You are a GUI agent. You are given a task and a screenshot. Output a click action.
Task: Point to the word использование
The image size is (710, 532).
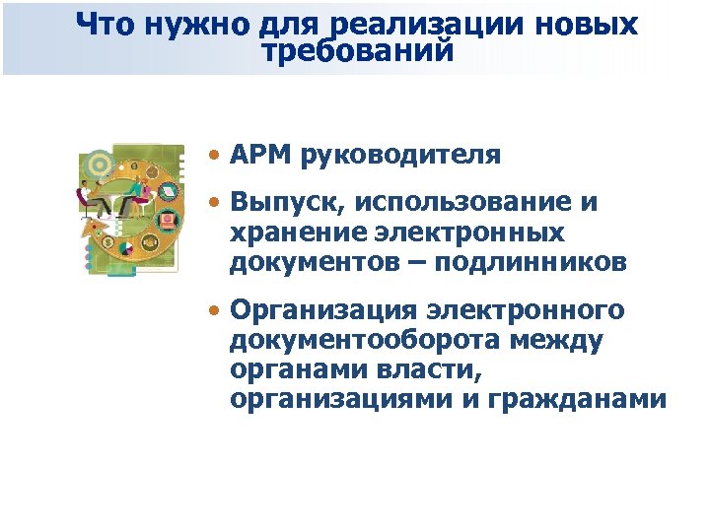(x=462, y=204)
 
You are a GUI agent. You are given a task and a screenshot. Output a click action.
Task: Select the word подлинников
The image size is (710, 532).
(x=540, y=262)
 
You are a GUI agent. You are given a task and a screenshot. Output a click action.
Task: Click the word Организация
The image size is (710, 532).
(x=319, y=312)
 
